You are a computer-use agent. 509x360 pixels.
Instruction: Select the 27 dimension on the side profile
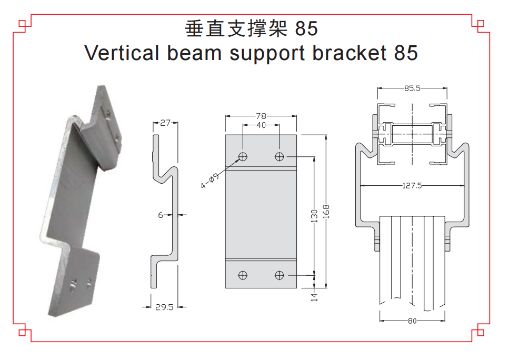(165, 123)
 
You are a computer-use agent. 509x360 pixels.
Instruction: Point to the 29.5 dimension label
(164, 307)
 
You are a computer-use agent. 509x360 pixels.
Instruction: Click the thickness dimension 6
(161, 215)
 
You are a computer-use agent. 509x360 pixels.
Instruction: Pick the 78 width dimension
(261, 115)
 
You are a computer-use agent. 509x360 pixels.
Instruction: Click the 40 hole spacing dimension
(261, 125)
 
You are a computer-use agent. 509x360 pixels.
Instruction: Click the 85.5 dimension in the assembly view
(412, 88)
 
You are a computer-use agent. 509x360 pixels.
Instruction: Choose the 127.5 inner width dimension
(412, 185)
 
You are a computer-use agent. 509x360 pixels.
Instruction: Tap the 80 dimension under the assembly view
(412, 321)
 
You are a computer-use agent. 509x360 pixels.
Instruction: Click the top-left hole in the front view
(243, 156)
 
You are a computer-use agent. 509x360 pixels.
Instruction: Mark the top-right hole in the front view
(279, 156)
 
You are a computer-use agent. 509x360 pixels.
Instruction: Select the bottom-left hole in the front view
(243, 275)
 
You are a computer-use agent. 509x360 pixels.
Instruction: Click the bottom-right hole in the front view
(279, 275)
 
